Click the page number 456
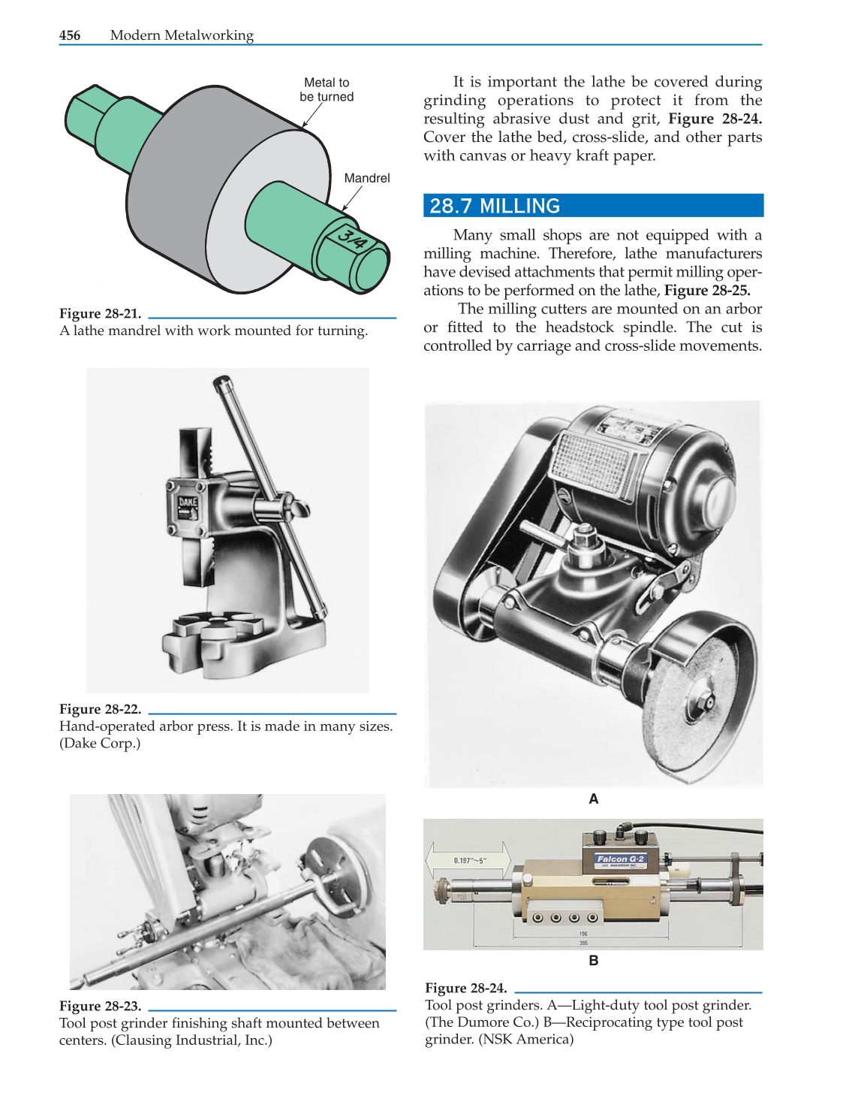pyautogui.click(x=70, y=35)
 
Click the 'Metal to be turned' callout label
pyautogui.click(x=327, y=89)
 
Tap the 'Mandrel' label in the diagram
pyautogui.click(x=366, y=178)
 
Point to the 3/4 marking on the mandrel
pyautogui.click(x=352, y=238)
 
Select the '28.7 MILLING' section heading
pyautogui.click(x=495, y=206)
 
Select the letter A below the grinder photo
pyautogui.click(x=593, y=799)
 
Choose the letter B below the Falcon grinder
pyautogui.click(x=593, y=961)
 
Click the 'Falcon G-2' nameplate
pyautogui.click(x=620, y=859)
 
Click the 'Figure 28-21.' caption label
pyautogui.click(x=100, y=314)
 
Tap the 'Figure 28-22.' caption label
pyautogui.click(x=100, y=709)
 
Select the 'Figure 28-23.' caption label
pyautogui.click(x=100, y=1006)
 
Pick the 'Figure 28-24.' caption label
pyautogui.click(x=465, y=988)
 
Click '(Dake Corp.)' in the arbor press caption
pyautogui.click(x=100, y=744)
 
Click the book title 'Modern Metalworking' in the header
pyautogui.click(x=182, y=35)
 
